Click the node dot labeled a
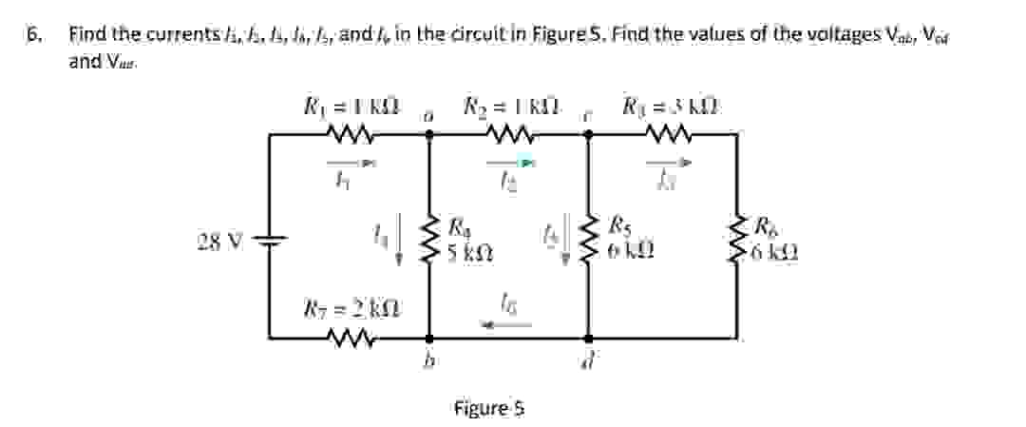(x=429, y=135)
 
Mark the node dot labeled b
(x=429, y=338)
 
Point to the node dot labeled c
(x=589, y=135)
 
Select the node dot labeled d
(x=589, y=338)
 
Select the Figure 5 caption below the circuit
(x=489, y=408)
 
